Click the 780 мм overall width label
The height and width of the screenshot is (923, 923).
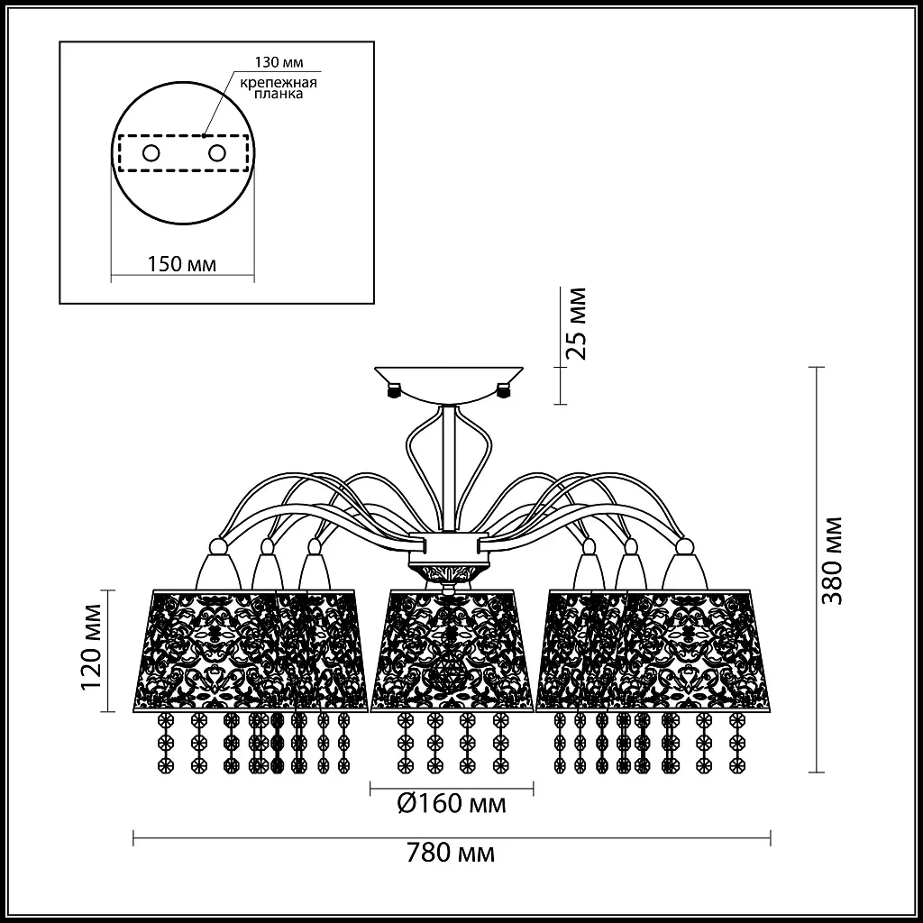click(451, 853)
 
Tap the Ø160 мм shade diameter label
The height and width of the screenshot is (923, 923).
click(452, 803)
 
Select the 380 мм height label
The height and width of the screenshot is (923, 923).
click(832, 562)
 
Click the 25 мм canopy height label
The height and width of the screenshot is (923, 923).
click(576, 324)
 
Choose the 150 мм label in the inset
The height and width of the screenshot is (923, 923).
click(181, 264)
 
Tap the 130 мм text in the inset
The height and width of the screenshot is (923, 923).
click(279, 62)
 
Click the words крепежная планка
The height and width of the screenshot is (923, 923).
click(279, 87)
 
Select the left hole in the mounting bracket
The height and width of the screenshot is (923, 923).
click(151, 153)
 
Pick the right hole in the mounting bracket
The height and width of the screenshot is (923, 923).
click(216, 153)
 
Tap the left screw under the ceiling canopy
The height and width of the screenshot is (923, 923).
click(394, 390)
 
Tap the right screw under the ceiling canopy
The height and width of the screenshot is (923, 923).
click(504, 390)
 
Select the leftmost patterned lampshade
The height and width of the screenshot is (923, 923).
click(212, 650)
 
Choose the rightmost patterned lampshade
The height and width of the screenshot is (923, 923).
click(692, 650)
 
